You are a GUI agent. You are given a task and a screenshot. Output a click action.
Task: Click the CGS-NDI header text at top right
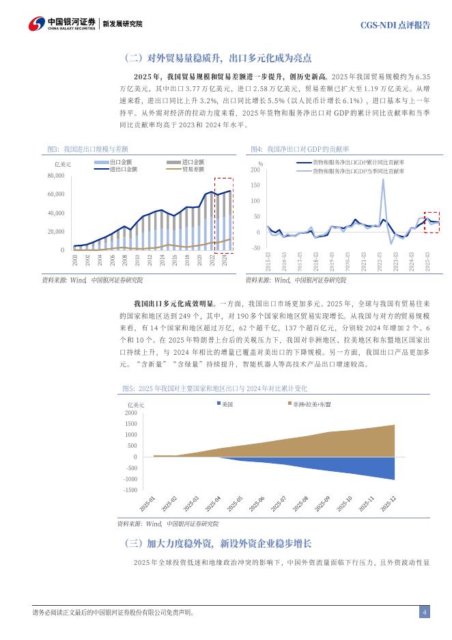tap(395, 25)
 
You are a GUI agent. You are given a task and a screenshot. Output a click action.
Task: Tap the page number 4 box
tap(424, 612)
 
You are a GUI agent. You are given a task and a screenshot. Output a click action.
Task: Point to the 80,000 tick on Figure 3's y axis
tap(55, 176)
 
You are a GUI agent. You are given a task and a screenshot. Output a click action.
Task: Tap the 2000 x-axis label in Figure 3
tap(74, 260)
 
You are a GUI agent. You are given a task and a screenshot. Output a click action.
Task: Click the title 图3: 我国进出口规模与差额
tap(87, 148)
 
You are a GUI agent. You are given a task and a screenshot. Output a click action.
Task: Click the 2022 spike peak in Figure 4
tap(383, 179)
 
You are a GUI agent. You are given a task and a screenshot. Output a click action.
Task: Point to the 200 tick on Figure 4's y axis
tap(255, 170)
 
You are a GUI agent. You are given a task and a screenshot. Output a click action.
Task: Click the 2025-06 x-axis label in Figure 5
tap(256, 505)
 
